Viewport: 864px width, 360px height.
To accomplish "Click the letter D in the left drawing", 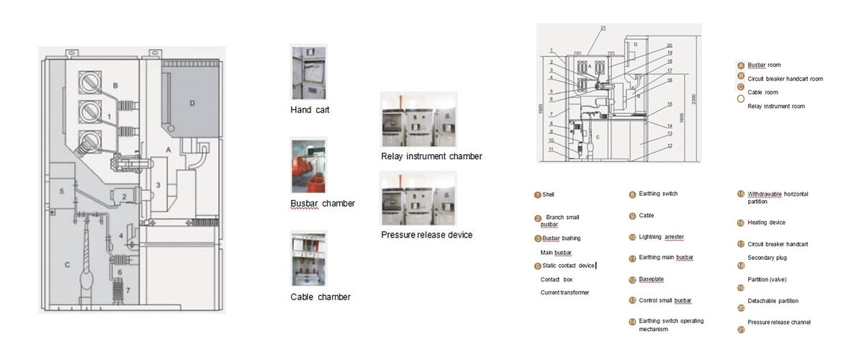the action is tap(192, 102).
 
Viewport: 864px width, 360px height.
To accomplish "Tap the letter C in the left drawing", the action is tap(67, 264).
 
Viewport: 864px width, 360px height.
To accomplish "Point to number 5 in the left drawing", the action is tap(62, 191).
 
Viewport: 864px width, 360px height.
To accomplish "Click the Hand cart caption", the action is tap(310, 110).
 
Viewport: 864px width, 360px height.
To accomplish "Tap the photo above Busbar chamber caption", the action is tap(307, 166).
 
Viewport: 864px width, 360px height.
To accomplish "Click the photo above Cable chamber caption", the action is tap(308, 259).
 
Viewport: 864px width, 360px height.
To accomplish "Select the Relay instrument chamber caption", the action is tap(431, 156).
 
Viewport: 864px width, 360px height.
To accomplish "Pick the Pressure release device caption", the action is tap(426, 235).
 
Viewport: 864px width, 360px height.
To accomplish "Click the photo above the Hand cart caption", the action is tap(308, 72).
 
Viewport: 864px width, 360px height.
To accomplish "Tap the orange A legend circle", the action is tap(740, 65).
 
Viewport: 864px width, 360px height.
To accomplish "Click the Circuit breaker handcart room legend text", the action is tap(785, 78).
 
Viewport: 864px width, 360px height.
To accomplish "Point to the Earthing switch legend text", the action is tap(658, 194).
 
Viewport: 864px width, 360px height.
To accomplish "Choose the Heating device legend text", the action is tap(766, 222).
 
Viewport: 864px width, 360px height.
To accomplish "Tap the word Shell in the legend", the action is tap(549, 194).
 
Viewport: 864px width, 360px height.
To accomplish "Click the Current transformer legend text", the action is tap(564, 292).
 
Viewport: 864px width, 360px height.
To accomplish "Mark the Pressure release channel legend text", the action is tap(779, 322).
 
